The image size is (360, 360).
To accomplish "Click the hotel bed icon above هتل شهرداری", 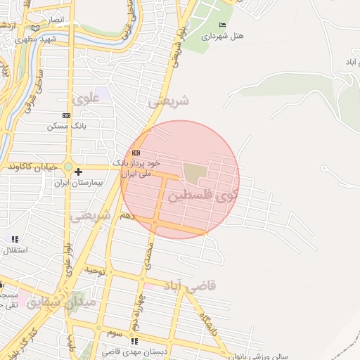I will [223, 25].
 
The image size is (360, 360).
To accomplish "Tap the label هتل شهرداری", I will [223, 35].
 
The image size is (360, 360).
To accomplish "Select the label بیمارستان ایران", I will [79, 182].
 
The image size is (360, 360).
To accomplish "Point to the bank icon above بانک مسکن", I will [66, 115].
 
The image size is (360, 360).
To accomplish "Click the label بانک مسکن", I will [66, 126].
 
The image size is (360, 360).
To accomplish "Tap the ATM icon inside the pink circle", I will [136, 153].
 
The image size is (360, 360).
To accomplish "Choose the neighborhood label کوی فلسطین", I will [205, 195].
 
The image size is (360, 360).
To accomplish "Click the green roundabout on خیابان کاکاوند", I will [68, 167].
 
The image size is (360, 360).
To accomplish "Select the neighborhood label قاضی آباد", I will [189, 285].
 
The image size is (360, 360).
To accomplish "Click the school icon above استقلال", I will [15, 239].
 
